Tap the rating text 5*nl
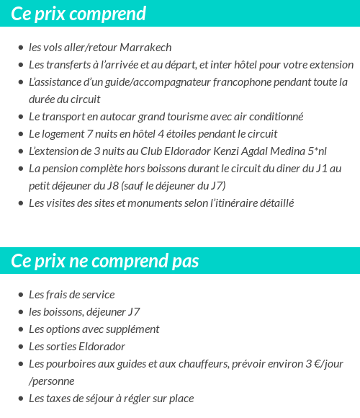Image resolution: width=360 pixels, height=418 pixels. [313, 151]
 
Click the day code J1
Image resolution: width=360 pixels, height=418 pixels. [319, 169]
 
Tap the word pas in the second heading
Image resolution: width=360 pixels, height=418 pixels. [185, 260]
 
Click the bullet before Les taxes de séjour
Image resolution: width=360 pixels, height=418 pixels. [21, 399]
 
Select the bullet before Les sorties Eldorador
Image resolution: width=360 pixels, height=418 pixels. [21, 347]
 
